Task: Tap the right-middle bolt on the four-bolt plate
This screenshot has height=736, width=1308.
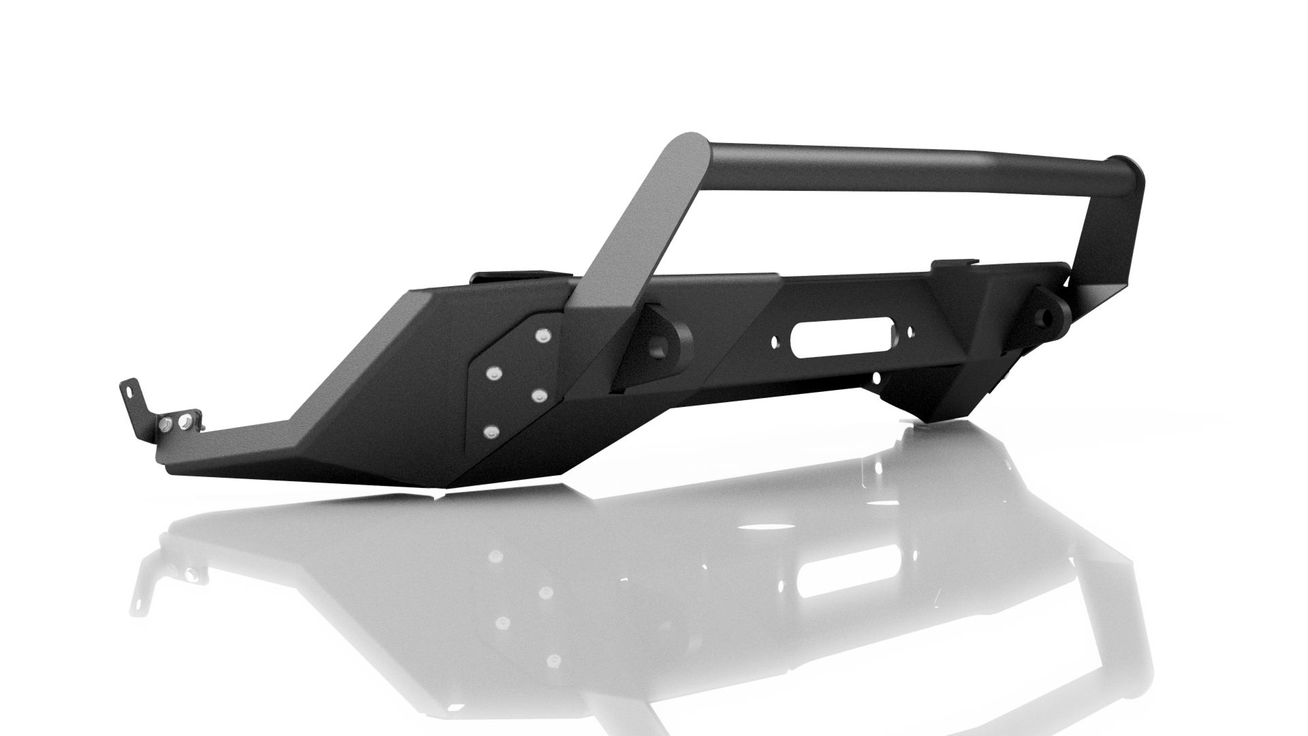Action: click(539, 395)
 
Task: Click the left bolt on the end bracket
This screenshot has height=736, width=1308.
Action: click(166, 425)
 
